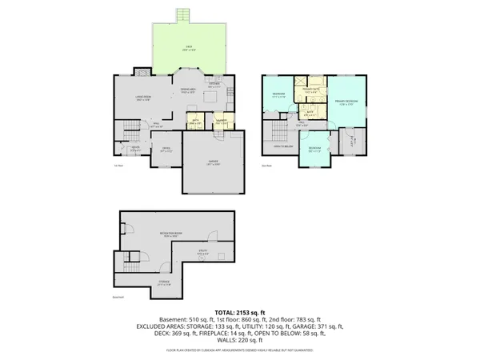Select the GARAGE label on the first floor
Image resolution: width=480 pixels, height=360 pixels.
pos(214,162)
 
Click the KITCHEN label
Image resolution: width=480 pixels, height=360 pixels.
pos(214,84)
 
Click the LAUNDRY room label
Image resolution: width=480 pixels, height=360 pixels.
pos(220,122)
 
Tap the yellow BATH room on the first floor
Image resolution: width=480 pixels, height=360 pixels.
pos(194,122)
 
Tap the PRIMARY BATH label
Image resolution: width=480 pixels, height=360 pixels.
pos(310,90)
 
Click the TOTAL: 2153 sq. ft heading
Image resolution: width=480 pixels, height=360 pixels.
pos(240,312)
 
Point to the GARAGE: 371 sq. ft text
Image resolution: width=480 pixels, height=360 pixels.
pos(318,326)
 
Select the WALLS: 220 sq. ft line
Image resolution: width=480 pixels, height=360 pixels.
pos(240,341)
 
